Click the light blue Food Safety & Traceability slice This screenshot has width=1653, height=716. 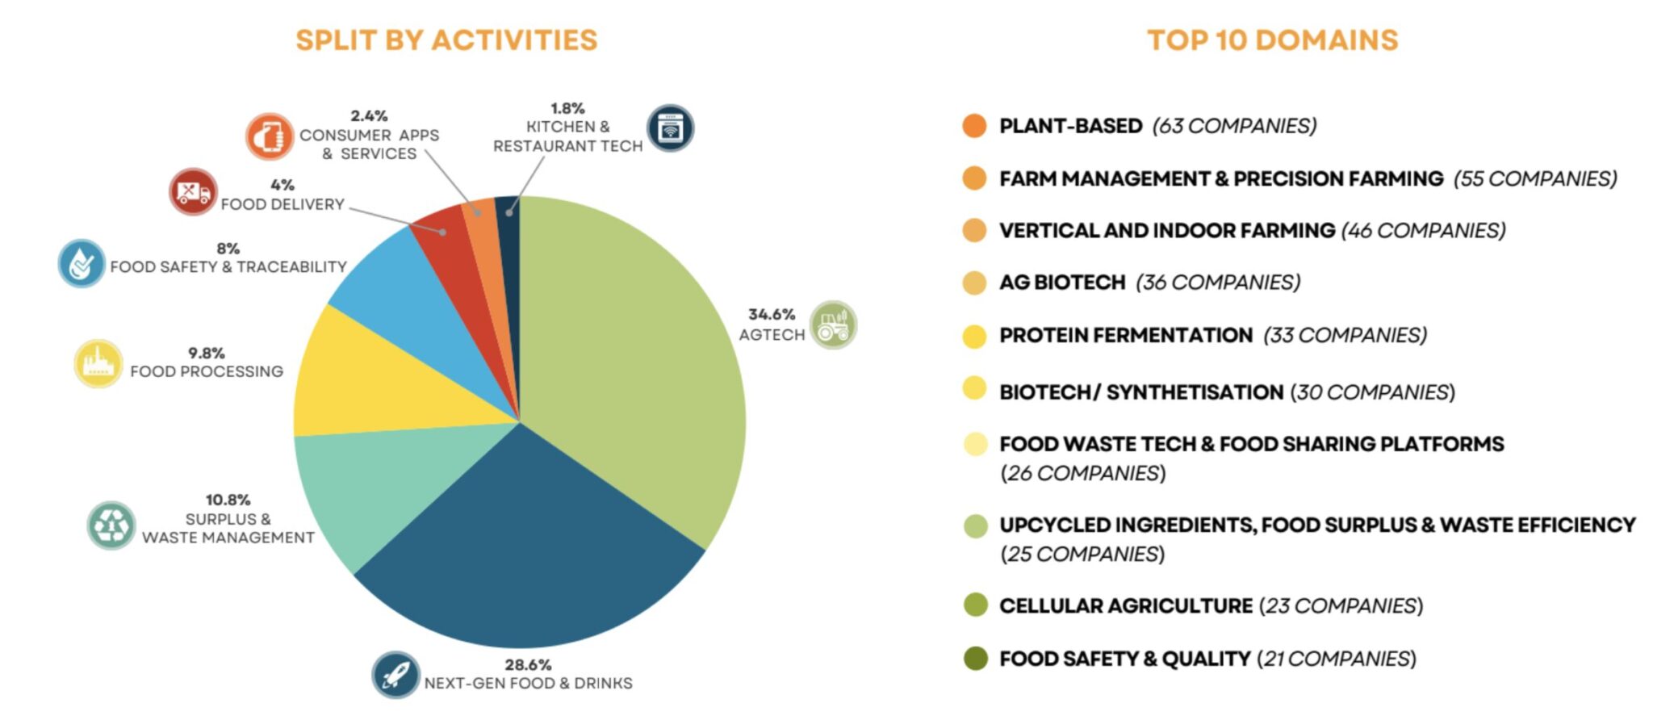[404, 291]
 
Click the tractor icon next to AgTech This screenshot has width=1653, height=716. [833, 325]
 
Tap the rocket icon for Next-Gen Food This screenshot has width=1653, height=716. [395, 675]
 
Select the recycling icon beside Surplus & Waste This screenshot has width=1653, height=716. [111, 525]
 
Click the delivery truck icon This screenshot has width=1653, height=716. [193, 192]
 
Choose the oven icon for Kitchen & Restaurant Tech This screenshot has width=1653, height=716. [670, 128]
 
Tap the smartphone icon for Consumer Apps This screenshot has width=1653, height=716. [270, 136]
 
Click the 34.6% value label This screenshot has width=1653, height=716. [771, 314]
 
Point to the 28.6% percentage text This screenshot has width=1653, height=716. [528, 664]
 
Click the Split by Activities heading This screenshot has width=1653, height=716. [446, 40]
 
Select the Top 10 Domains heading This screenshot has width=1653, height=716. [1272, 40]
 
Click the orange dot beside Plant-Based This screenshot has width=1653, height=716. [974, 126]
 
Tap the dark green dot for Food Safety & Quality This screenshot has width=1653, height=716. [975, 659]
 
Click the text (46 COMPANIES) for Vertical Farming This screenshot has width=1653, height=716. [1423, 231]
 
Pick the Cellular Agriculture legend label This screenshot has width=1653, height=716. [1125, 605]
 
